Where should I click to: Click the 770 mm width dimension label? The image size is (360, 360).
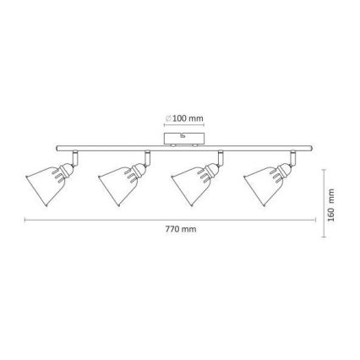(x=180, y=229)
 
